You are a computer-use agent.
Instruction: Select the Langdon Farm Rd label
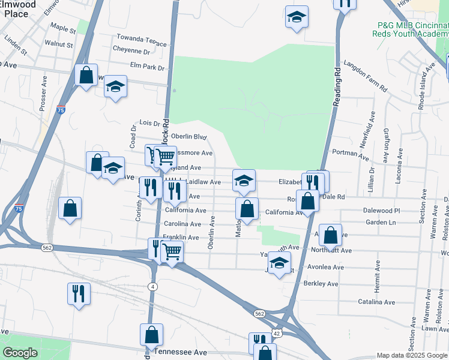(365, 76)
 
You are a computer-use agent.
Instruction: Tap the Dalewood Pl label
(381, 211)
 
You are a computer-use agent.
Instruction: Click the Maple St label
(63, 28)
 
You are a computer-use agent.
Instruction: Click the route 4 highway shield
(153, 286)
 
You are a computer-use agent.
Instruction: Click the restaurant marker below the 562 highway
(79, 293)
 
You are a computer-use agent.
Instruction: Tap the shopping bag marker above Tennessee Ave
(152, 335)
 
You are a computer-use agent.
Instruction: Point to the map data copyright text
(411, 355)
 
